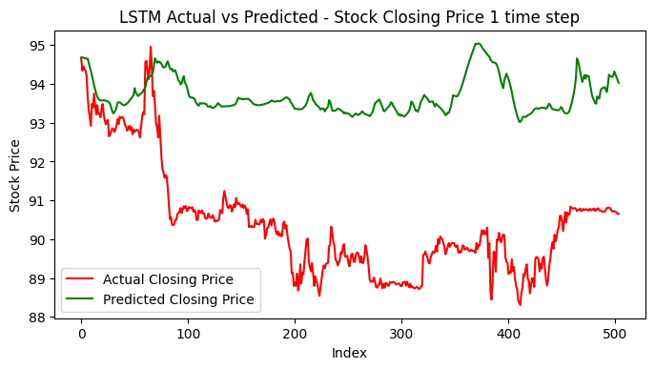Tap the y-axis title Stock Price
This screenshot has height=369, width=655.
click(x=15, y=175)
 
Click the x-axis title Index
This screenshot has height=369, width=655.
click(x=349, y=353)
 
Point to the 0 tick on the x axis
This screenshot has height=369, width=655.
click(x=82, y=335)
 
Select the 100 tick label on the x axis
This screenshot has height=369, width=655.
click(x=189, y=335)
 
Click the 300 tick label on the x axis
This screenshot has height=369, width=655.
click(x=402, y=335)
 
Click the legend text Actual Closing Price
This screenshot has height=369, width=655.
click(x=180, y=278)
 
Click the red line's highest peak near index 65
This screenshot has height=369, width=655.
click(x=151, y=47)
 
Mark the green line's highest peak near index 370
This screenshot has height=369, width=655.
click(x=477, y=44)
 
